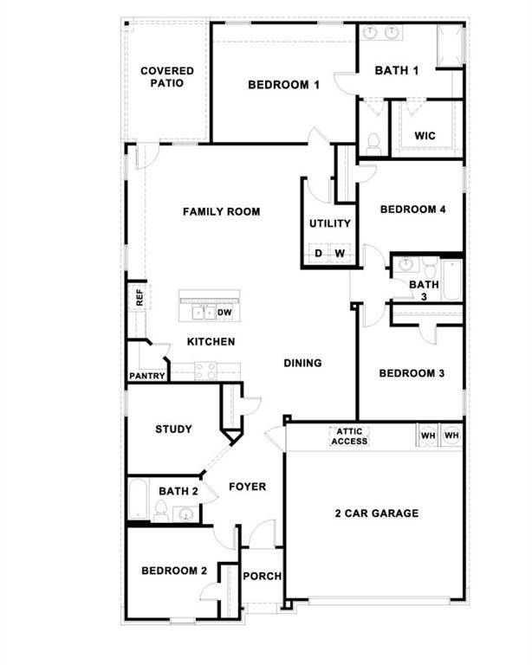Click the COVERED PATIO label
[x=167, y=77]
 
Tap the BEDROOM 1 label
[x=284, y=85]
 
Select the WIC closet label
[x=425, y=136]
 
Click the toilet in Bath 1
[x=373, y=144]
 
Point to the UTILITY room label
[x=330, y=223]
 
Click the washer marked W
[x=341, y=254]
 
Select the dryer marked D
[x=318, y=254]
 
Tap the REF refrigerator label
[x=138, y=298]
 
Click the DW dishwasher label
[x=224, y=313]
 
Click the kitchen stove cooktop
[x=205, y=371]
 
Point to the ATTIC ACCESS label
[x=349, y=436]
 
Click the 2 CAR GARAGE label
[x=376, y=513]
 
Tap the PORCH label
[x=262, y=577]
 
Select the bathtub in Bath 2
[x=139, y=501]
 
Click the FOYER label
[x=247, y=487]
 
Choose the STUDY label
[x=173, y=429]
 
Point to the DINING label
[x=302, y=363]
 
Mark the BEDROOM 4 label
[x=412, y=210]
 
